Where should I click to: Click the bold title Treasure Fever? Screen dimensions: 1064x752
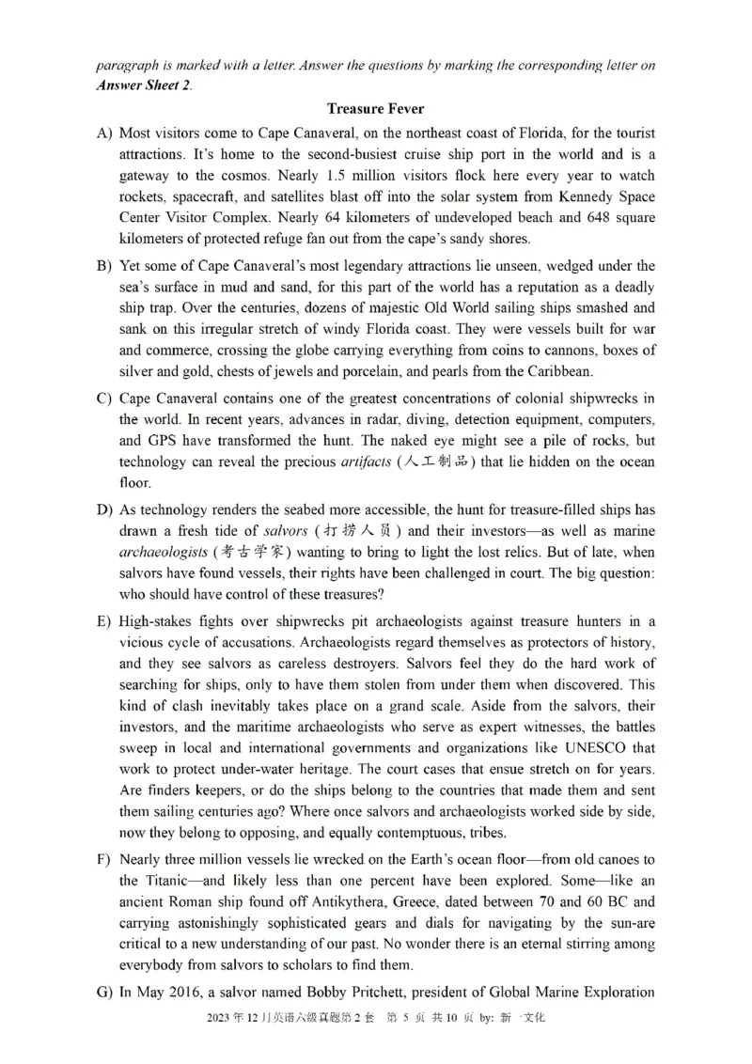[375, 109]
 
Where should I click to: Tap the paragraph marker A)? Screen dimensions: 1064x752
[104, 133]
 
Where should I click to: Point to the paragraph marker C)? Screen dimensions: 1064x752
[104, 399]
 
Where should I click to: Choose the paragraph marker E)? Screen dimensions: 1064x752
[104, 621]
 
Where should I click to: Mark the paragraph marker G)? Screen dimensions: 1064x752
[104, 992]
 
